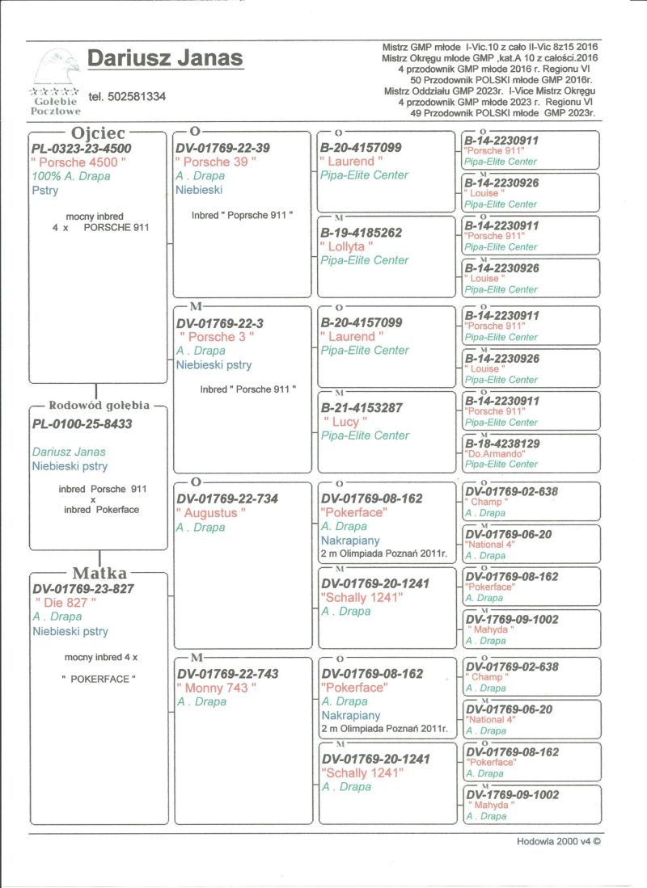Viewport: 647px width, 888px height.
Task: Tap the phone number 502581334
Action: pyautogui.click(x=127, y=96)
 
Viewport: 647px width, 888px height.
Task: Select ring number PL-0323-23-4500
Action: pyautogui.click(x=82, y=149)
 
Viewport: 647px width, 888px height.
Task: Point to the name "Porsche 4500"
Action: pyautogui.click(x=78, y=162)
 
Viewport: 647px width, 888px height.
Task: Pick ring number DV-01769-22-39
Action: pyautogui.click(x=222, y=149)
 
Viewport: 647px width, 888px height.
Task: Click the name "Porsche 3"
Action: pyautogui.click(x=216, y=337)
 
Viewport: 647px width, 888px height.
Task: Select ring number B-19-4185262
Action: pyautogui.click(x=361, y=233)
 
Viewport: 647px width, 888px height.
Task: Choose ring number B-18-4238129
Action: pyautogui.click(x=501, y=444)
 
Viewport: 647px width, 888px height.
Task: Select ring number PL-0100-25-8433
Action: pyautogui.click(x=82, y=423)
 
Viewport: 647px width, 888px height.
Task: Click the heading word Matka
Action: pyautogui.click(x=99, y=574)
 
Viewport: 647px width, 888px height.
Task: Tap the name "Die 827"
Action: pyautogui.click(x=66, y=603)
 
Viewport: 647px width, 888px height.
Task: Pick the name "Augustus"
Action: pyautogui.click(x=210, y=513)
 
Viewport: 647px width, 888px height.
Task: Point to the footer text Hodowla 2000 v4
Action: pyautogui.click(x=558, y=841)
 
